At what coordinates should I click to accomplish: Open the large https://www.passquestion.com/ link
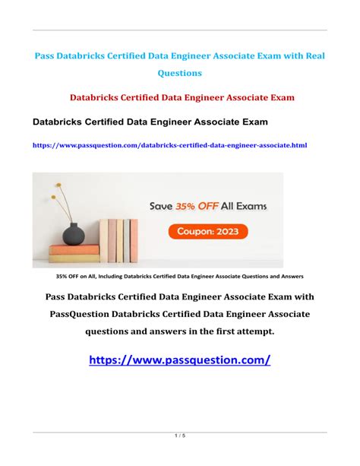click(179, 360)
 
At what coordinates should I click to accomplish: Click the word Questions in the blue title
click(179, 74)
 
